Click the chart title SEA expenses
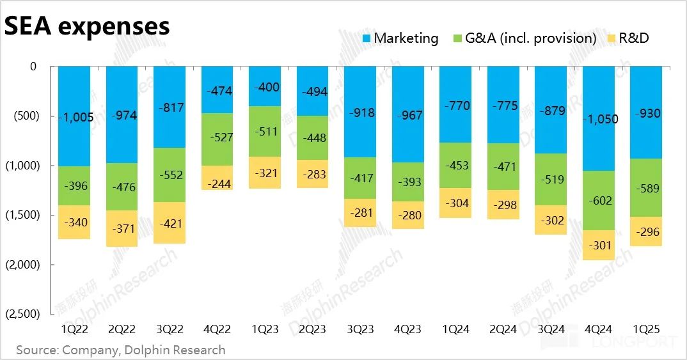[x=88, y=26]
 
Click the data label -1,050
[x=599, y=119]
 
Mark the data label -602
[x=599, y=200]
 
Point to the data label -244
[x=217, y=184]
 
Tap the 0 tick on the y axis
[x=33, y=67]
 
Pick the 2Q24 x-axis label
[x=503, y=329]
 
